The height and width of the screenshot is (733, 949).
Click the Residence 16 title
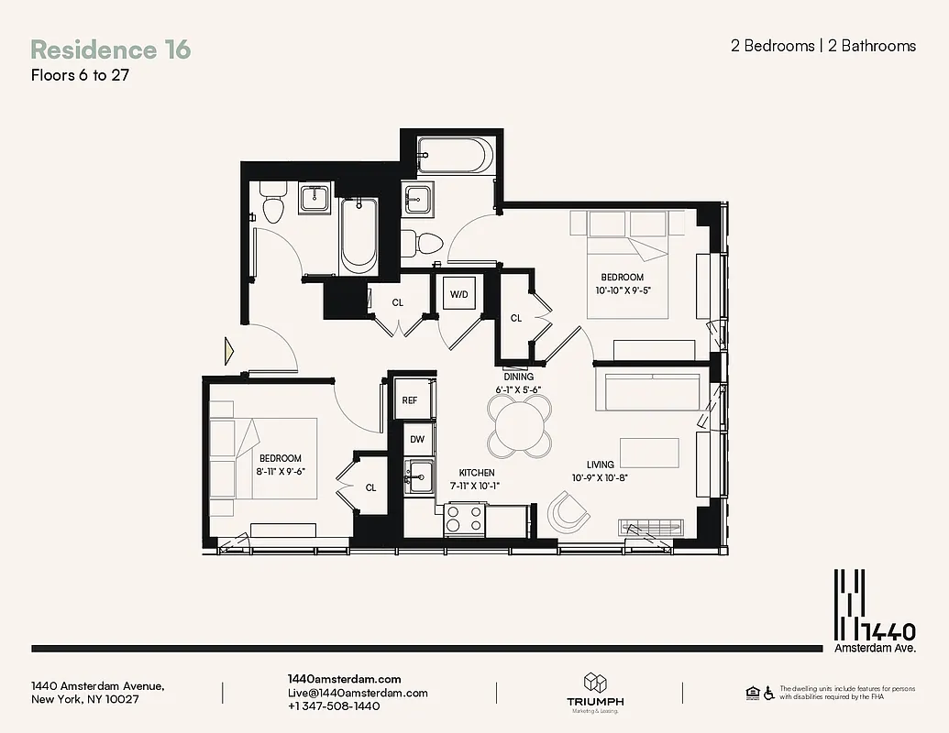coord(111,49)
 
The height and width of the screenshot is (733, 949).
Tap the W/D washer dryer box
coord(458,295)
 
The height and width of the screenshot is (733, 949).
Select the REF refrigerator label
coord(410,399)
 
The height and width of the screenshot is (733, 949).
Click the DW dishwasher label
coord(417,440)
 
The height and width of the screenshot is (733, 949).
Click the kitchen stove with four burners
coord(464,520)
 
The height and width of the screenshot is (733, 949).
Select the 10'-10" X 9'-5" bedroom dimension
coord(622,290)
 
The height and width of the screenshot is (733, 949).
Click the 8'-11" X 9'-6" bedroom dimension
coord(280,471)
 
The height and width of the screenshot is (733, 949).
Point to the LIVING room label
coord(601,465)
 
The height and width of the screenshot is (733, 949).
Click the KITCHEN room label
coord(476,473)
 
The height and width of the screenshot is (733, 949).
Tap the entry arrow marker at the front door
coord(229,351)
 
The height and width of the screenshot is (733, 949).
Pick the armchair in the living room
coord(568,511)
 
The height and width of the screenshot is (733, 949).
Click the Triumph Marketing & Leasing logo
coord(595,693)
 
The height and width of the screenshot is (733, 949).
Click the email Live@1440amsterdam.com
coord(358,694)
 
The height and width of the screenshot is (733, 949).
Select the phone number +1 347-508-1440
coord(334,707)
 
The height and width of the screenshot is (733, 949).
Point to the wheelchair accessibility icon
coord(768,692)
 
